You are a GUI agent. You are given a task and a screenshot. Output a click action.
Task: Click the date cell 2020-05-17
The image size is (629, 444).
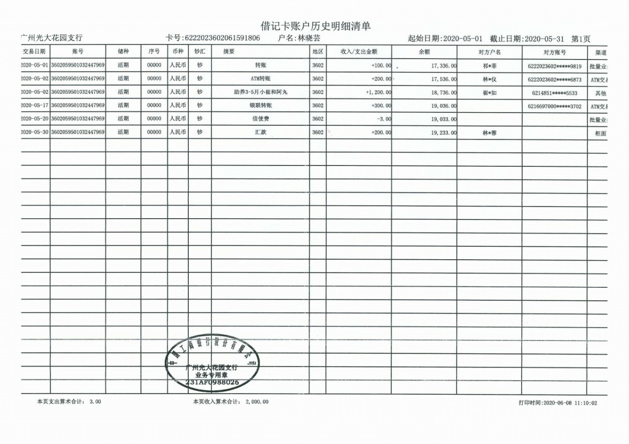35,105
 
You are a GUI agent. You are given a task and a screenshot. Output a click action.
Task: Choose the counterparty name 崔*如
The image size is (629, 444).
489,92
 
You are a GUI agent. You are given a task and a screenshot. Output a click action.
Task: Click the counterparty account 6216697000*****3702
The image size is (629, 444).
554,105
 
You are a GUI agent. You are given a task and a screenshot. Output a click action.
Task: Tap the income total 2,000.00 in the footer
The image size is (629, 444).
256,401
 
